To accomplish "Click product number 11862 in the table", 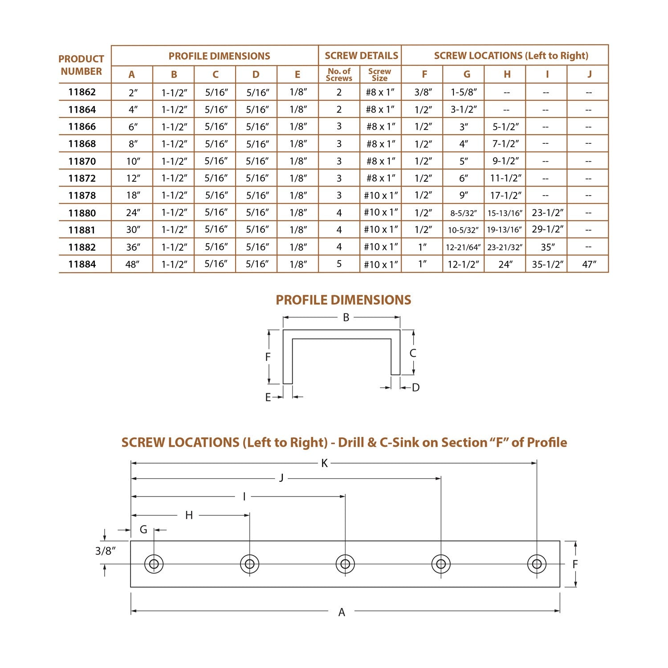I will point(82,92).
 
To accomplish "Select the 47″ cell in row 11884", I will point(589,265).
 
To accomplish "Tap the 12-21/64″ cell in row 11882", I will point(463,248).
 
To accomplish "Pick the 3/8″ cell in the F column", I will point(423,92).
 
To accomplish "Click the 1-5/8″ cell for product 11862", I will point(464,92).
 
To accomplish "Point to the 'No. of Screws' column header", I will point(339,74).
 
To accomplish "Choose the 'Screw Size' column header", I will point(380,74).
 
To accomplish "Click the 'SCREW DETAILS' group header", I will point(361,56).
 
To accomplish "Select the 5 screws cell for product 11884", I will point(339,264).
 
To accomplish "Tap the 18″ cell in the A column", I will point(133,196).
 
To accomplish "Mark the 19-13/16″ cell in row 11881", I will point(504,230).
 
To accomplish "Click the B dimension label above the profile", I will point(346,318).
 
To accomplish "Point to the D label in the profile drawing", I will point(415,388).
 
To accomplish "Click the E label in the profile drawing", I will point(268,397).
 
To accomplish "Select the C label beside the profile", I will point(413,353).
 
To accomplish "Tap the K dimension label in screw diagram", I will point(324,464).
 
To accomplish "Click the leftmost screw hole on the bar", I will point(154,564).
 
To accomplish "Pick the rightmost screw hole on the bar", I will point(537,564).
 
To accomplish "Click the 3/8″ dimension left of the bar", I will point(106,551).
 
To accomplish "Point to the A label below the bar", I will point(342,612).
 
